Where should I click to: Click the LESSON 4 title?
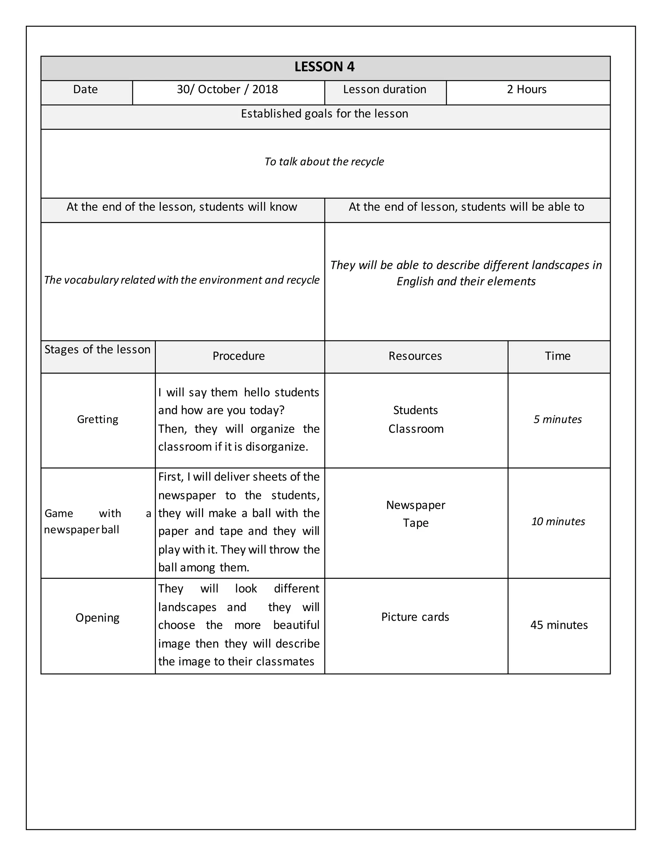(324, 67)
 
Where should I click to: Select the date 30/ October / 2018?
(227, 90)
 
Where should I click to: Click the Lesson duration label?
(384, 90)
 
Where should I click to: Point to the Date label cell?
(85, 90)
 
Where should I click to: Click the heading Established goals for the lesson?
(324, 114)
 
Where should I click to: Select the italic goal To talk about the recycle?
(324, 162)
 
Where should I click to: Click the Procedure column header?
(239, 356)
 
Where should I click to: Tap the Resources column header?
(415, 356)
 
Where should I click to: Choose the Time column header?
(558, 356)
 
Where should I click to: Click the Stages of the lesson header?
(97, 350)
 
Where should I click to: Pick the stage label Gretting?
(97, 420)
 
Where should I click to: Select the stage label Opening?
(97, 618)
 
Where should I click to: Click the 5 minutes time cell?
(558, 420)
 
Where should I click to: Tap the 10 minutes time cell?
(558, 522)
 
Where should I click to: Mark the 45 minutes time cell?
(559, 625)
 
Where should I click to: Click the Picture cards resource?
(415, 617)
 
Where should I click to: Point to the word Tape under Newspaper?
(416, 523)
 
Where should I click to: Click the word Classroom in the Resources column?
(416, 429)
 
